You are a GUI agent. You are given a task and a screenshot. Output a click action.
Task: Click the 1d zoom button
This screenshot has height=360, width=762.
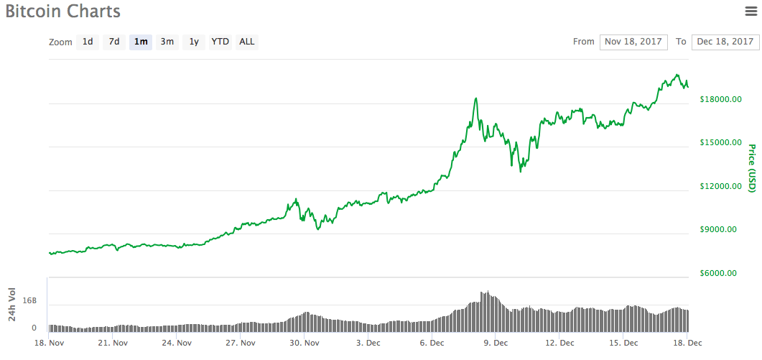click(88, 42)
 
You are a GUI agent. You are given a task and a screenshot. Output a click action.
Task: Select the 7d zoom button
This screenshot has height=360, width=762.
click(114, 42)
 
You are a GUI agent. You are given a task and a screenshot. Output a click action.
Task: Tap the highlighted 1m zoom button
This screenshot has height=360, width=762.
click(141, 42)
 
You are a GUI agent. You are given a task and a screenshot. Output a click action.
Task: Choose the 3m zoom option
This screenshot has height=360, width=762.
click(167, 42)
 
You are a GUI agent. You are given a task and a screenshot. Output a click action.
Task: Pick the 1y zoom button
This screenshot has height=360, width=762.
click(194, 42)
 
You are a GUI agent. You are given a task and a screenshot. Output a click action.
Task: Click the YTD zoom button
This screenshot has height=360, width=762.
click(220, 42)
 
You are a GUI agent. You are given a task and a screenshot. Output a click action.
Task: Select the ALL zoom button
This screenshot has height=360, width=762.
click(246, 42)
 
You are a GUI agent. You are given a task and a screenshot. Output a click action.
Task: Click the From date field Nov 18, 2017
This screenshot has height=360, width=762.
click(633, 42)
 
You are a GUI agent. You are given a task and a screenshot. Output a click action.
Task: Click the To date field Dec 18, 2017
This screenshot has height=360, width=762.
click(725, 42)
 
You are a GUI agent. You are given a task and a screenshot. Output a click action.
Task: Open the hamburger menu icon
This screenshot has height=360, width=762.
click(751, 11)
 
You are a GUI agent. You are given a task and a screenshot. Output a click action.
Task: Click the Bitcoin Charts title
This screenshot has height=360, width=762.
click(63, 11)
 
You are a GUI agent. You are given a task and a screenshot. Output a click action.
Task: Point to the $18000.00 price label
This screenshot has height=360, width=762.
click(720, 99)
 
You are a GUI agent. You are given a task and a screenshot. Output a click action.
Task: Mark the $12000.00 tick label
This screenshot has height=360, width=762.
click(720, 187)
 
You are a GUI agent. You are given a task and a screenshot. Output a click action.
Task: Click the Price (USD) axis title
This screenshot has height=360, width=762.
click(751, 168)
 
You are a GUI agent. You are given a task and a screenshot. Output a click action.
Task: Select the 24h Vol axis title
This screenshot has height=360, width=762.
click(12, 304)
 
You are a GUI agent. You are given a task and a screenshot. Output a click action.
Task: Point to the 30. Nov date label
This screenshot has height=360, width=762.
click(304, 343)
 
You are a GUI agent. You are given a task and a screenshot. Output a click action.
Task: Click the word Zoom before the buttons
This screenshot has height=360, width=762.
click(60, 42)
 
